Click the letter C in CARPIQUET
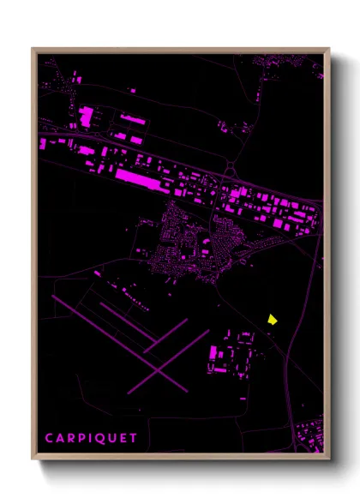point(50,437)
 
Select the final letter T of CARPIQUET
point(134,437)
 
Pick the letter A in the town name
point(61,437)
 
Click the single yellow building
point(272,319)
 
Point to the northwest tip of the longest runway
point(53,297)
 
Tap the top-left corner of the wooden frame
point(33,49)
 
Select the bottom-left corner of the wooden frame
point(33,459)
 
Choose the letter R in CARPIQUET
point(72,437)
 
